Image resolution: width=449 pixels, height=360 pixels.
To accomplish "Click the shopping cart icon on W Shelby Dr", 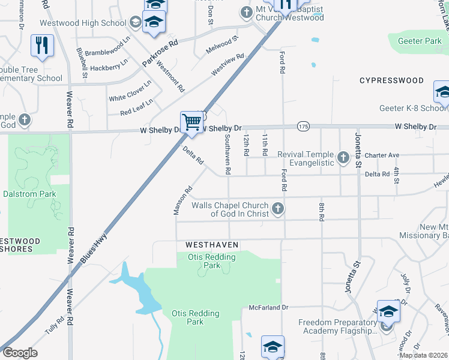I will coord(192,122).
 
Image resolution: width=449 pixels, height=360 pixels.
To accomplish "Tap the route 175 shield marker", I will coord(303,127).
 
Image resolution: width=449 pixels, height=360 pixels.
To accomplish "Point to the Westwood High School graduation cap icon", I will coord(136,23).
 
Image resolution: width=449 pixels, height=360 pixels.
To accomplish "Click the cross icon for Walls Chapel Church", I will coord(277,209).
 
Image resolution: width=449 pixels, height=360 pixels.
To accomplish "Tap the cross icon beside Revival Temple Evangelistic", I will coord(343,158).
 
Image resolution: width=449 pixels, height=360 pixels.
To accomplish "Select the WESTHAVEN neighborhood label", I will coord(212,245).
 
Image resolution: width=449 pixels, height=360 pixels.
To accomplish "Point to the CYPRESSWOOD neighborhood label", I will coord(391,80).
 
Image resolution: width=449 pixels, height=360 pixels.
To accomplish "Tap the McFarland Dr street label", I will coord(268,307).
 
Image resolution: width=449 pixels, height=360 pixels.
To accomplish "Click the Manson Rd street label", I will coord(182,199).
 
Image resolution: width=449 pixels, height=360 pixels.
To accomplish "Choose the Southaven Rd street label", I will coord(228,154).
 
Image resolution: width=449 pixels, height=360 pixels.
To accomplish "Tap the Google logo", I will coord(20,352).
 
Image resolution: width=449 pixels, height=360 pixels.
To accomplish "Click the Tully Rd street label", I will coord(54,326).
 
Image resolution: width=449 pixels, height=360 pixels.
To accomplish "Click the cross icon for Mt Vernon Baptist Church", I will coord(246,12).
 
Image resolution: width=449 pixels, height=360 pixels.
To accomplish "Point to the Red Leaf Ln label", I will coord(137,109).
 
